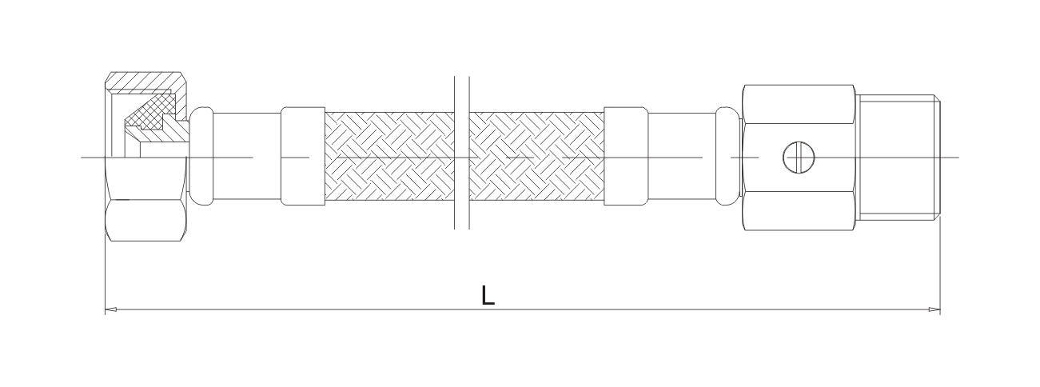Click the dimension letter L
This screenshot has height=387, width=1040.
click(488, 296)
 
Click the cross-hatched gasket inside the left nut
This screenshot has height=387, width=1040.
click(151, 111)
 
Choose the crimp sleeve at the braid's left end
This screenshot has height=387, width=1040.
click(303, 157)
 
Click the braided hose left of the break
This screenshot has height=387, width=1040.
click(388, 157)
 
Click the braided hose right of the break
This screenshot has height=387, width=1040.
click(536, 157)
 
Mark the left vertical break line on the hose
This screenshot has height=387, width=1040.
click(454, 152)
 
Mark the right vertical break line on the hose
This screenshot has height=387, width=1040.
click(469, 152)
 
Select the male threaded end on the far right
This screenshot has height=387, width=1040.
click(900, 158)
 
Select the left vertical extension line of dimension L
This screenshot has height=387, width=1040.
click(106, 272)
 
